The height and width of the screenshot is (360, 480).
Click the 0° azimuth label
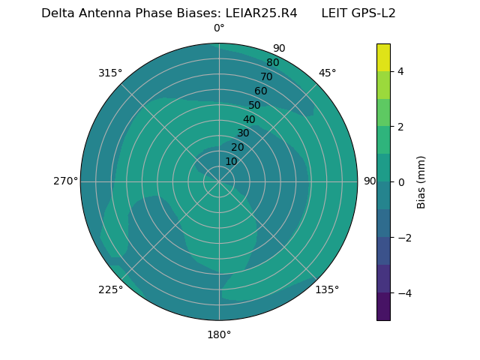(219, 28)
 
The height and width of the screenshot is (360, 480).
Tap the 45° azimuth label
(328, 73)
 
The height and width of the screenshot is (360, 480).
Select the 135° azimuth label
(327, 289)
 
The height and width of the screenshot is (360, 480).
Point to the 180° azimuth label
(219, 334)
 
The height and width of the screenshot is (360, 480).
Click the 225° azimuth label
(110, 289)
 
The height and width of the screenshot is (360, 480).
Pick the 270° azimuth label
(65, 181)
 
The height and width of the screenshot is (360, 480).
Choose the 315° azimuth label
(110, 73)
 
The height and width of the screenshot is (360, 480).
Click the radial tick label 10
(231, 161)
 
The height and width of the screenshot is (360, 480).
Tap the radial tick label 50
(255, 105)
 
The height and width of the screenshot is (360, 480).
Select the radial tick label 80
(273, 63)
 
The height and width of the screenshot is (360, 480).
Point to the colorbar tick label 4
(401, 71)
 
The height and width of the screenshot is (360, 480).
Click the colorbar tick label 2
(401, 127)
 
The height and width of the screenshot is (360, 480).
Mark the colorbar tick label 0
(401, 181)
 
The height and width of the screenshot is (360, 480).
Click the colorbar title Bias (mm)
(421, 181)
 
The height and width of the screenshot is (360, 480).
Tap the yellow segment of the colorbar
(383, 57)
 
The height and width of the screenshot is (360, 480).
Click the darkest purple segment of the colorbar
(383, 306)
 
